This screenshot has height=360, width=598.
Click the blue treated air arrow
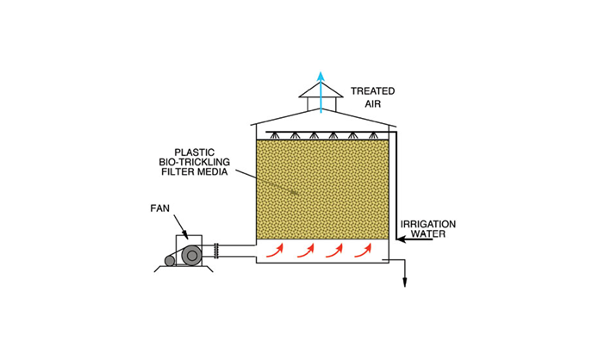point(321,92)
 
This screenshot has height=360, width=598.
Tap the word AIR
point(372,103)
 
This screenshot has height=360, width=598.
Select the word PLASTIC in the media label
point(195,152)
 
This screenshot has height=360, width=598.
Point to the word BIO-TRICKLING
point(195,162)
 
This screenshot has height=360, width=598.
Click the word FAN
point(159,208)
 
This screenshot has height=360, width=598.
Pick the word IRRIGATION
point(428,224)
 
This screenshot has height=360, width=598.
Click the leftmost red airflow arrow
point(276,250)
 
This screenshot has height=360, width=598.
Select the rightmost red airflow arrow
point(364,250)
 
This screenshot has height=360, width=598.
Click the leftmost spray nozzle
point(274,135)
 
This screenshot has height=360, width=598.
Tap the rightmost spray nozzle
point(372,135)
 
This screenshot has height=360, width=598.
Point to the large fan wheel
point(191,255)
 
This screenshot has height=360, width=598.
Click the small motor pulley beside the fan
point(170,261)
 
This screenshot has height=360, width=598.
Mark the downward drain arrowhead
point(405,282)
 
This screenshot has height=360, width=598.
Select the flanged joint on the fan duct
point(216,251)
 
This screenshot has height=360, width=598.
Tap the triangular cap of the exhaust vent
point(321,90)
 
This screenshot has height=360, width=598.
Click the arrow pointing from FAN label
point(180,227)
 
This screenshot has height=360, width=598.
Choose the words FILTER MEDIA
point(195,172)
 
